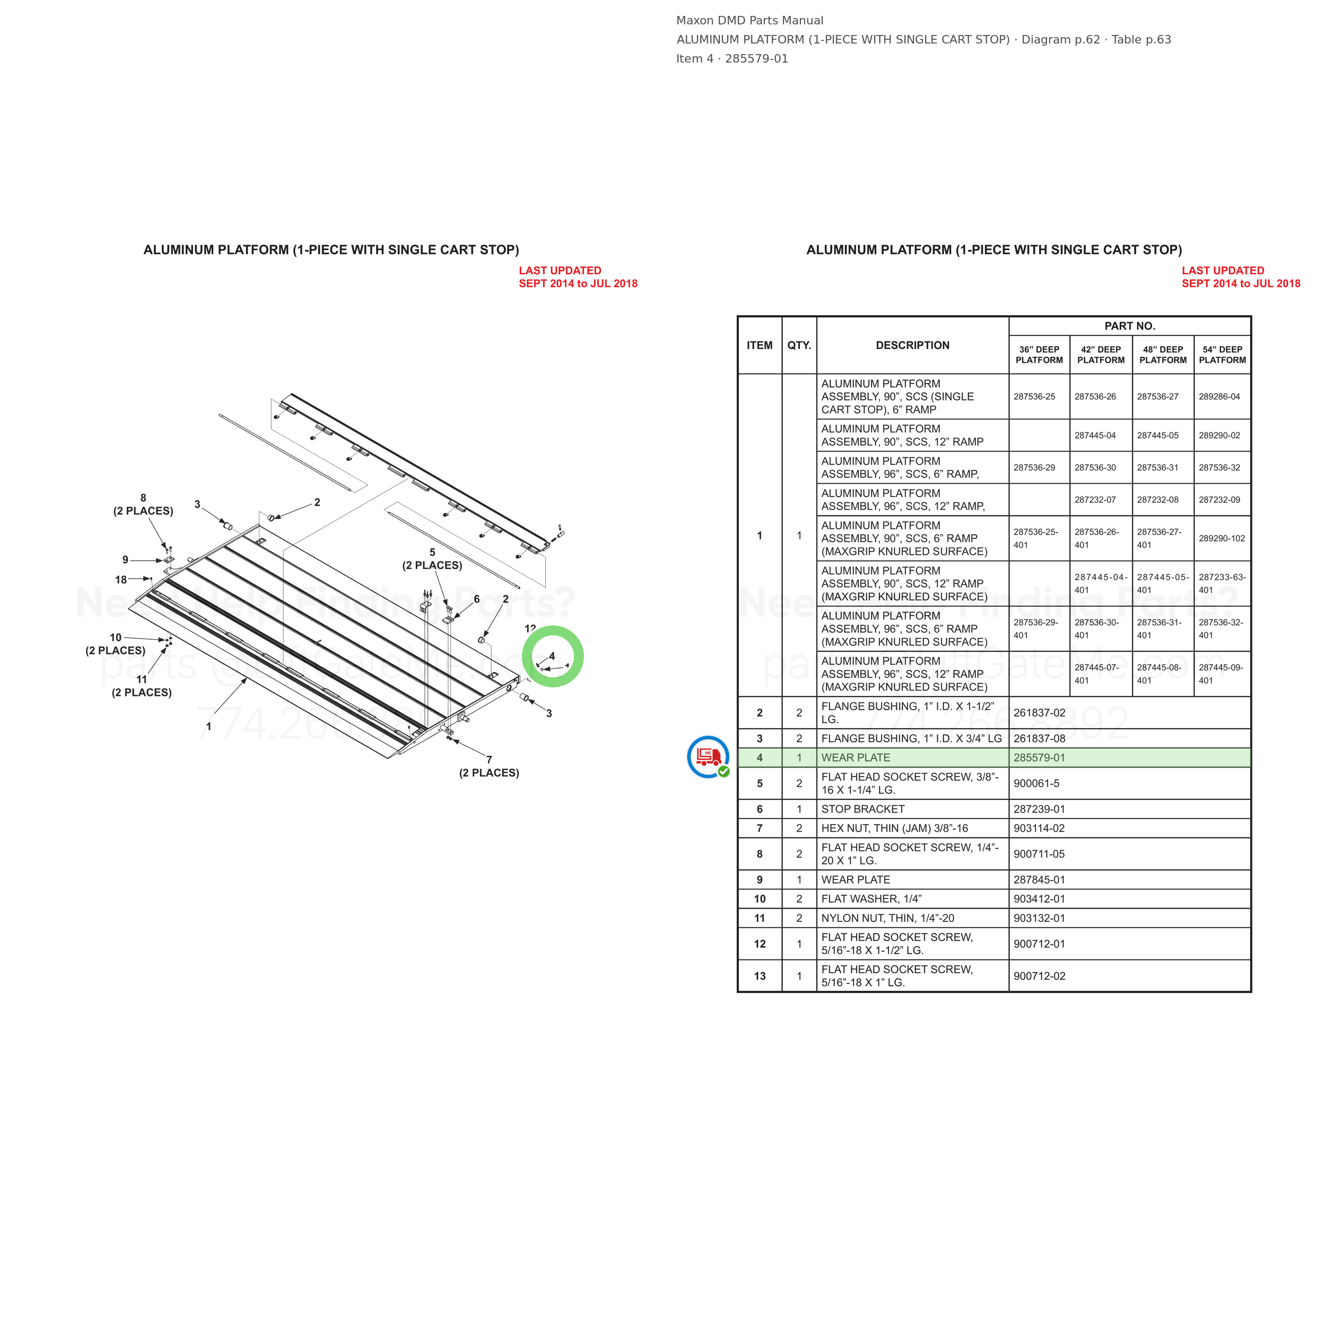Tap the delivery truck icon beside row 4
pyautogui.click(x=708, y=757)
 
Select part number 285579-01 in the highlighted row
pyautogui.click(x=1039, y=758)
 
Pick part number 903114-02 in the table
pyautogui.click(x=1039, y=828)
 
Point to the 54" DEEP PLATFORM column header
pyautogui.click(x=1223, y=355)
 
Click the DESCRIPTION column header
pyautogui.click(x=912, y=345)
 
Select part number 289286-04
pyautogui.click(x=1219, y=397)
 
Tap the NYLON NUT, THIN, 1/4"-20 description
pyautogui.click(x=887, y=918)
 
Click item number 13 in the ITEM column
pyautogui.click(x=759, y=976)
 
